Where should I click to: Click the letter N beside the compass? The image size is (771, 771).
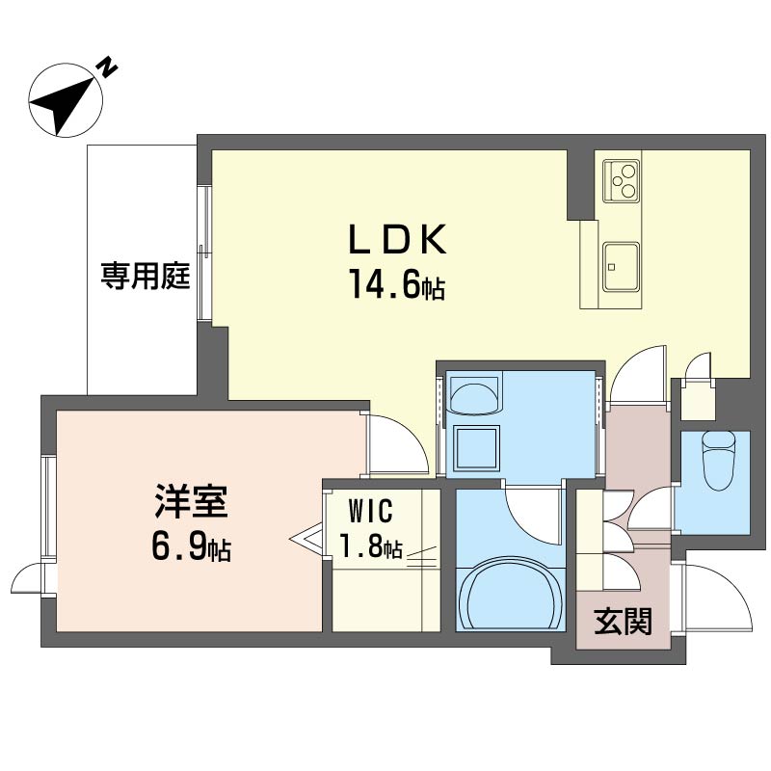108,67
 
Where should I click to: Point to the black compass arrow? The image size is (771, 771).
62,105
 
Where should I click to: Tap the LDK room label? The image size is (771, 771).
397,239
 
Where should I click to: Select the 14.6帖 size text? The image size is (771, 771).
397,284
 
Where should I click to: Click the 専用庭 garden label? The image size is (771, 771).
146,276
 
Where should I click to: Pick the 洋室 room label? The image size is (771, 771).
191,501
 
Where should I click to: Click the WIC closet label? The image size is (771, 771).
370,511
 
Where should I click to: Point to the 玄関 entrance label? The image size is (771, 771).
623,622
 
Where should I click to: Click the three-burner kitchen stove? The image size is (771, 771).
622,180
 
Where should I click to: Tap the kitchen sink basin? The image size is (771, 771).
622,267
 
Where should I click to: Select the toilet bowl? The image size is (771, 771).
718,461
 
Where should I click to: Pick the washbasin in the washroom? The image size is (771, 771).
473,393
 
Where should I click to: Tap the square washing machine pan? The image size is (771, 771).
476,447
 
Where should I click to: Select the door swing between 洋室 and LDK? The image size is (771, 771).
397,445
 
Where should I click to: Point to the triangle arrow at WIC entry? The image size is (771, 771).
306,540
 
